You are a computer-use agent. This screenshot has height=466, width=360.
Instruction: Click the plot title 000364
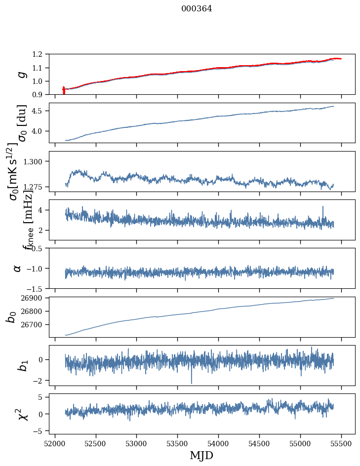[x=197, y=8]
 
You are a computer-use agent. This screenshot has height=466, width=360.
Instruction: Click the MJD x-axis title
[x=201, y=455]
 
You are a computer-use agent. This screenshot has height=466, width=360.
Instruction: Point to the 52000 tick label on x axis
[x=55, y=442]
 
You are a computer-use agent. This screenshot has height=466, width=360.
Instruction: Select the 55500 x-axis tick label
[x=342, y=442]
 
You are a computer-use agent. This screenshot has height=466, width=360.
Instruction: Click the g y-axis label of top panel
[x=21, y=74]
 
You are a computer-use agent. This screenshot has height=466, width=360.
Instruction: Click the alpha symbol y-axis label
[x=17, y=268]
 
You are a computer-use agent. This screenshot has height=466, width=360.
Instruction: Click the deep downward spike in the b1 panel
[x=192, y=382]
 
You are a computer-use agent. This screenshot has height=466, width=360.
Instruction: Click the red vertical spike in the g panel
[x=64, y=91]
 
